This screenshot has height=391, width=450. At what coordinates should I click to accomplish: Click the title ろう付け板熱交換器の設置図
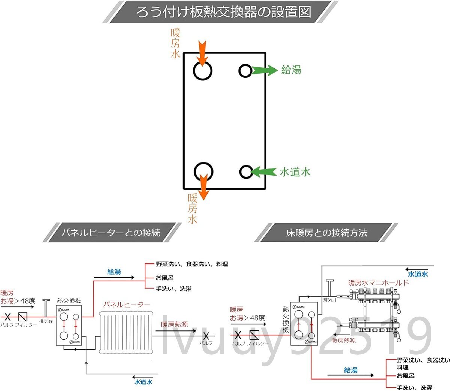click(x=223, y=12)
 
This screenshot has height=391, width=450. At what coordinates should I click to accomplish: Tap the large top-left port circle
click(x=202, y=71)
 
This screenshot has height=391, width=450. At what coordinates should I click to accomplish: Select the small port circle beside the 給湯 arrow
click(x=245, y=71)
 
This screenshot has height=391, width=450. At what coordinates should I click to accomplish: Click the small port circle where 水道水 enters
click(x=246, y=172)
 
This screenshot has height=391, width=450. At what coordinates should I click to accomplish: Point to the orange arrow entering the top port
click(x=202, y=53)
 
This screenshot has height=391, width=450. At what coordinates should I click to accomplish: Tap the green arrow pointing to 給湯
click(x=264, y=70)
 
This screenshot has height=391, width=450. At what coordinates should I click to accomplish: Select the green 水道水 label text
click(x=295, y=172)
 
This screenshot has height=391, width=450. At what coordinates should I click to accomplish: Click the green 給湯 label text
click(x=291, y=70)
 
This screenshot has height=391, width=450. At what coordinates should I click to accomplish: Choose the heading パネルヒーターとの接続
click(x=111, y=233)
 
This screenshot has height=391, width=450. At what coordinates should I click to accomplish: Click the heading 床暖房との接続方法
click(x=326, y=233)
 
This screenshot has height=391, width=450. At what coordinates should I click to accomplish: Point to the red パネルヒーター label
click(x=126, y=304)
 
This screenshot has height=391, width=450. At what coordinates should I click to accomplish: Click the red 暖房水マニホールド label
click(x=378, y=283)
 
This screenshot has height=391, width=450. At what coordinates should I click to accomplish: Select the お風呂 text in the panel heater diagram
click(x=165, y=278)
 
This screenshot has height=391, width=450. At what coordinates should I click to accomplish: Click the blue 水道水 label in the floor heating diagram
click(x=418, y=274)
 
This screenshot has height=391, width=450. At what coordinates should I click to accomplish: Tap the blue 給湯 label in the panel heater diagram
click(x=114, y=272)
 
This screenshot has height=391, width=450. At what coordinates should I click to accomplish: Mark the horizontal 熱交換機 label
click(x=69, y=301)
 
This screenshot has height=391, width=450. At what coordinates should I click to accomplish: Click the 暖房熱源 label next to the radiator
click(x=174, y=325)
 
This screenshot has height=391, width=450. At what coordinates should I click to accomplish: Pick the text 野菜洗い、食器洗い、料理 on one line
click(x=192, y=264)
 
